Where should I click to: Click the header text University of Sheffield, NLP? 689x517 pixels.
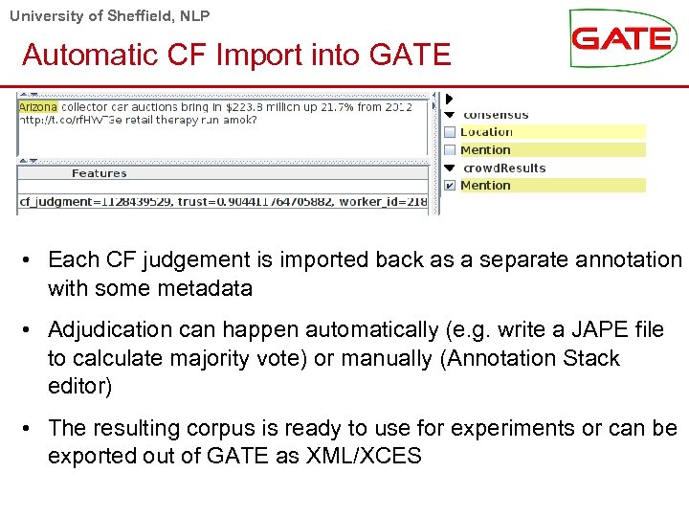click(110, 15)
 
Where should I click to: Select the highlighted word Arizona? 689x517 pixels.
click(37, 107)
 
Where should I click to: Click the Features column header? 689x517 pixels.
click(99, 173)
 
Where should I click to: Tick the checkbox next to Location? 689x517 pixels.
click(450, 132)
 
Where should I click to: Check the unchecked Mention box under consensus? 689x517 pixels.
click(450, 150)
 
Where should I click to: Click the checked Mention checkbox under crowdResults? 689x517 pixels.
click(450, 186)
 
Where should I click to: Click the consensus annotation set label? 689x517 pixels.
click(496, 115)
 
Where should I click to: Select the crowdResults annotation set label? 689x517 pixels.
click(504, 169)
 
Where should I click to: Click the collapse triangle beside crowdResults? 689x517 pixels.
click(450, 169)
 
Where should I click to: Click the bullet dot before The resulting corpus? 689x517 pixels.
click(32, 428)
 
